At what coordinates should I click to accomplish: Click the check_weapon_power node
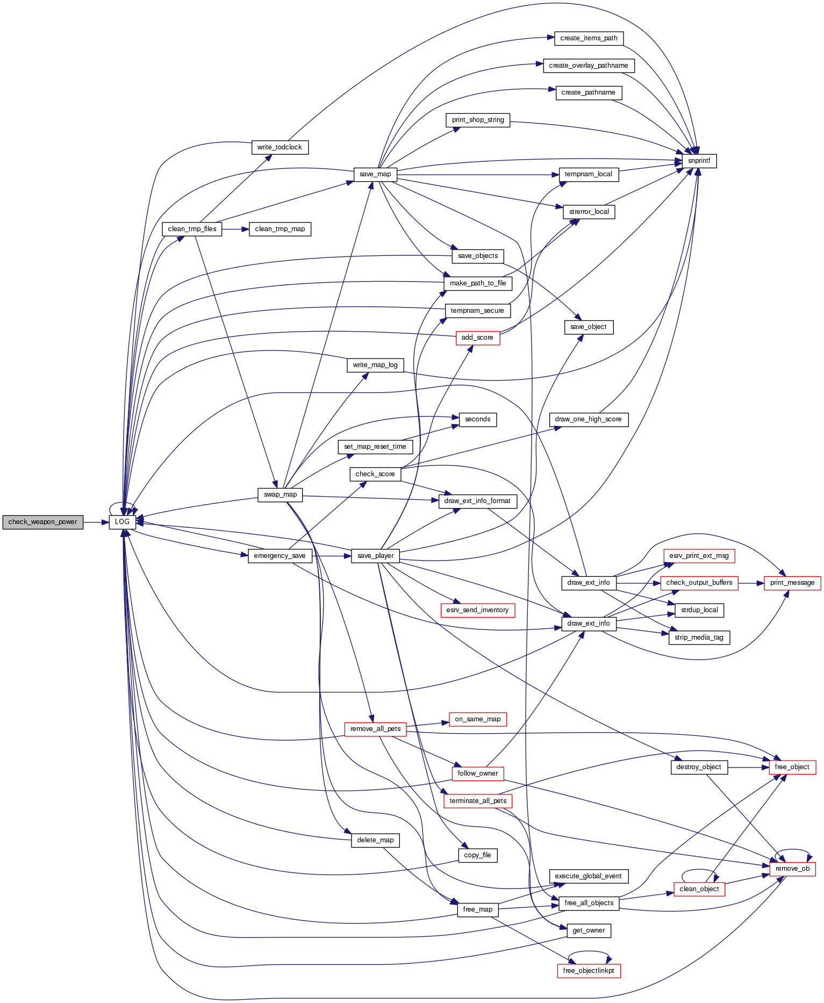click(42, 522)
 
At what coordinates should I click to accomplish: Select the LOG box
click(122, 522)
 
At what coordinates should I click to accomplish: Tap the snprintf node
click(699, 161)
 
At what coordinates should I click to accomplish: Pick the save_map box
click(375, 174)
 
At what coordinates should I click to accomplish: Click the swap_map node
click(280, 495)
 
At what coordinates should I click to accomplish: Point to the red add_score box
click(477, 338)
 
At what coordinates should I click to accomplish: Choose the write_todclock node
click(280, 147)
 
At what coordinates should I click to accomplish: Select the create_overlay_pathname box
click(588, 66)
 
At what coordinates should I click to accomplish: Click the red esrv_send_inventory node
click(477, 610)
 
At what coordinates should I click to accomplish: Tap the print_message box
click(792, 583)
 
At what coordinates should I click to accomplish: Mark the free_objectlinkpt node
click(589, 971)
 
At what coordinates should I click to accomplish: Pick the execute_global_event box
click(588, 876)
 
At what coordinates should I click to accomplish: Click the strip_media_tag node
click(699, 637)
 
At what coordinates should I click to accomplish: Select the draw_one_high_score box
click(588, 419)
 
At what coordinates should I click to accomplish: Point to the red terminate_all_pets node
click(478, 801)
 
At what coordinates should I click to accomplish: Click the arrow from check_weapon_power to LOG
click(96, 522)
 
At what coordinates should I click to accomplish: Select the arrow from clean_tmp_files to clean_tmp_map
click(235, 229)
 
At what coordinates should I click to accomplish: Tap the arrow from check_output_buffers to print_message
click(751, 583)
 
